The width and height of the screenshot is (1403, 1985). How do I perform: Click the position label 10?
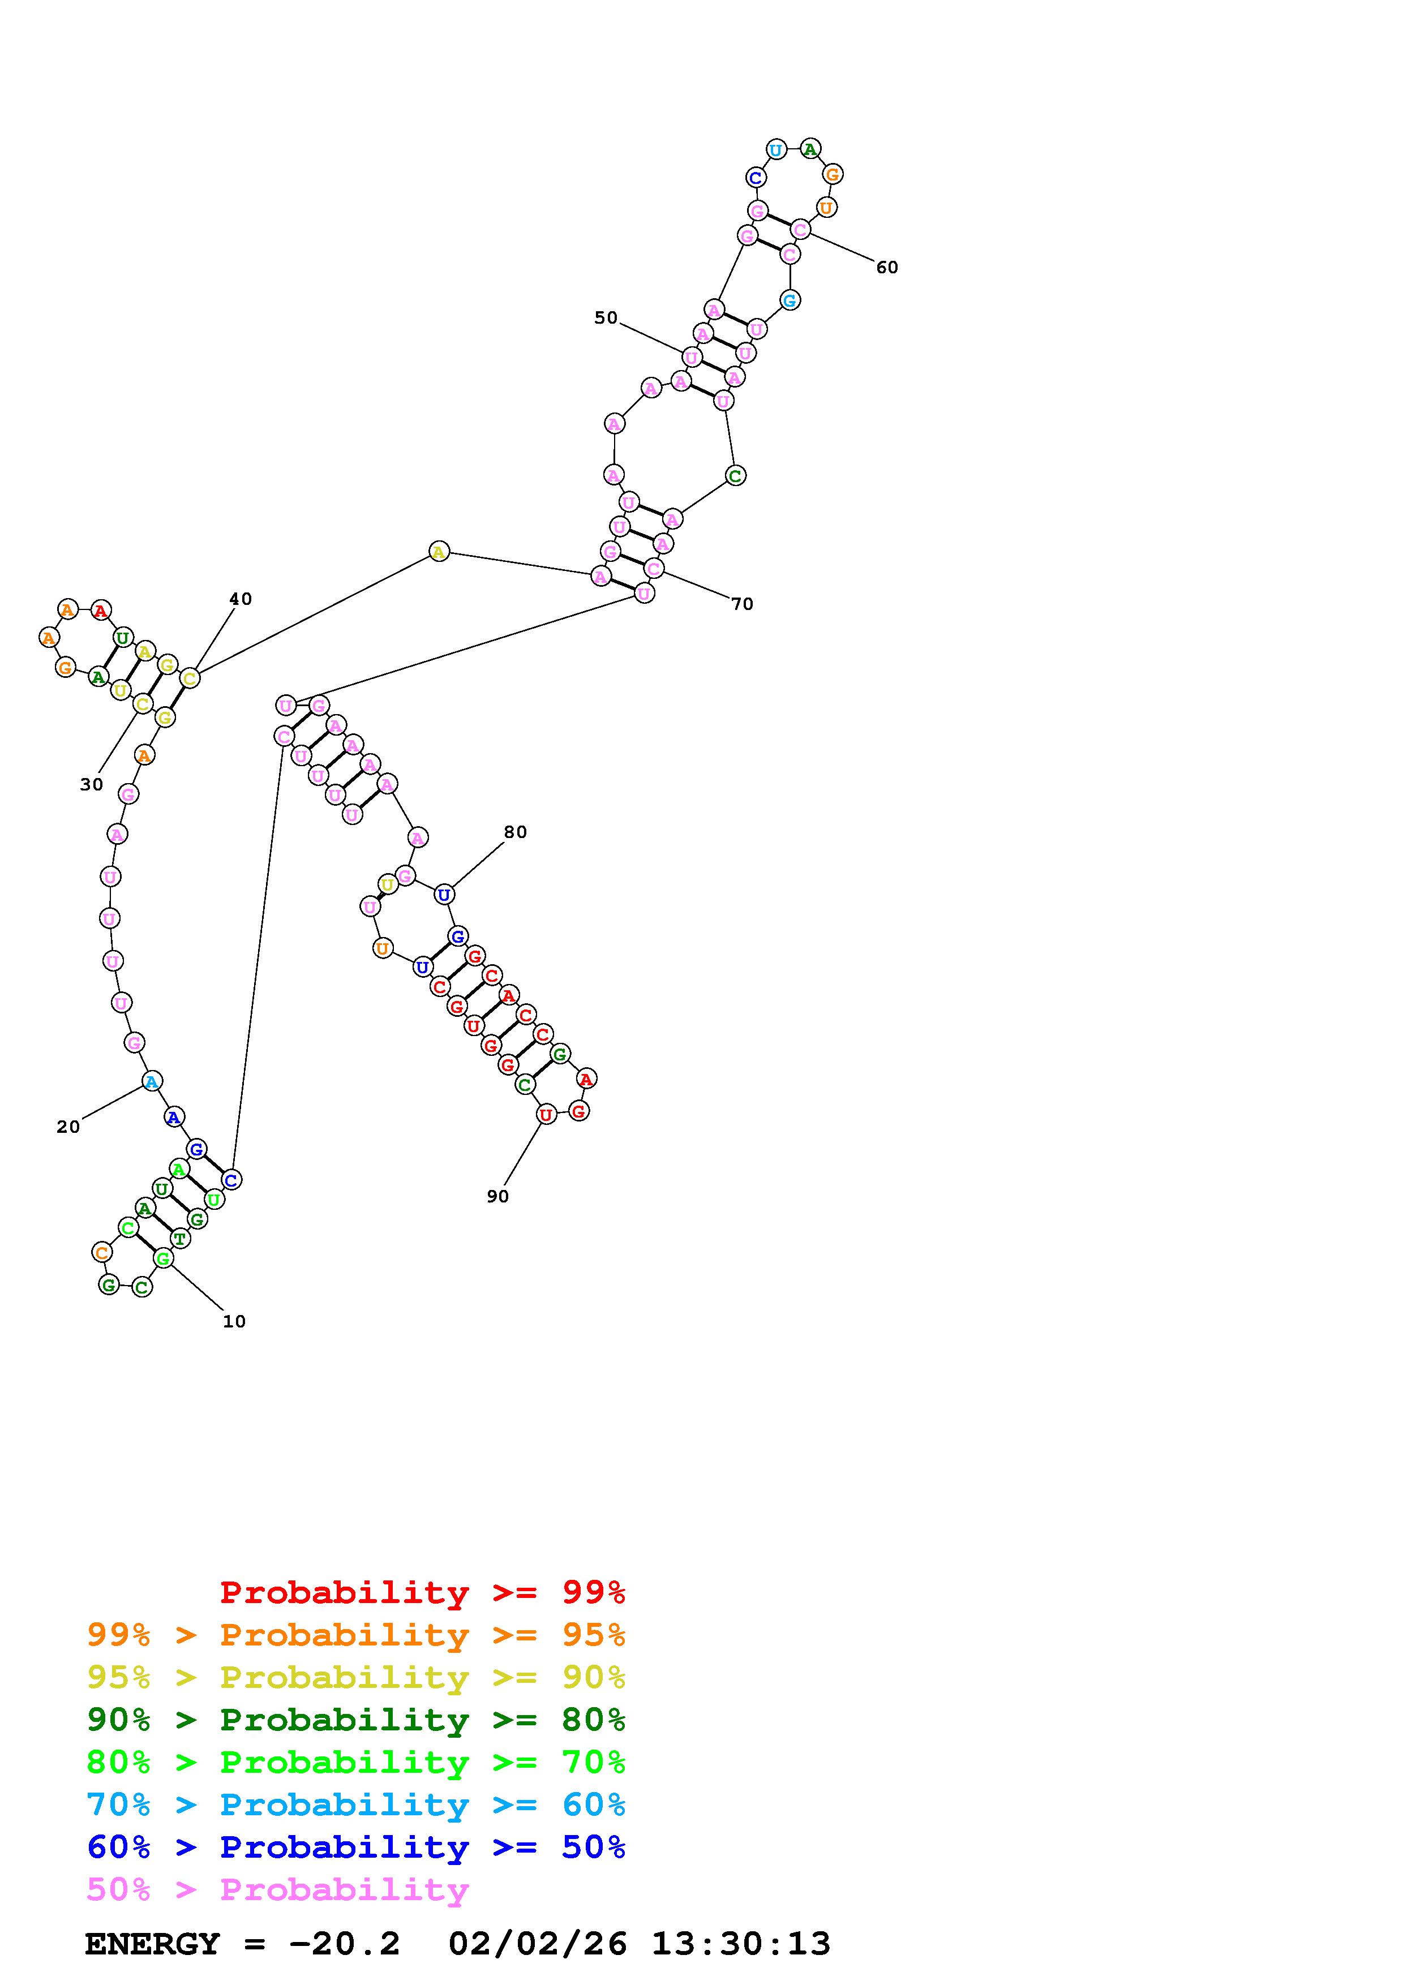click(234, 1321)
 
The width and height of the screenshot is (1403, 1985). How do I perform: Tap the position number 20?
click(68, 1127)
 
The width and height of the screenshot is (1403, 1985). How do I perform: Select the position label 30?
click(92, 784)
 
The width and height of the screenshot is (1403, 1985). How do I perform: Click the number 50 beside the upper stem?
click(606, 317)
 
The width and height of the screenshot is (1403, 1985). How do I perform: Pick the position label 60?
click(887, 267)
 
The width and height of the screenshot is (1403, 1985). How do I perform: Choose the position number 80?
click(515, 832)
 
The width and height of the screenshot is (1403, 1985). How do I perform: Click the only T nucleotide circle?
click(180, 1238)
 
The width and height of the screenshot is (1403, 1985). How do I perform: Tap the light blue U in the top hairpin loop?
click(776, 149)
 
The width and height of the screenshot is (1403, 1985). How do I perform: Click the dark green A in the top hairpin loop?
click(810, 149)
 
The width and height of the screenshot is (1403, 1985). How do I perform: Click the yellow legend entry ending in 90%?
click(355, 1677)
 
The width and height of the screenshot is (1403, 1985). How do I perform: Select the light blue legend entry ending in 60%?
click(355, 1804)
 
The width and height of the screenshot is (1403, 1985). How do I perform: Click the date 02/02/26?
click(538, 1944)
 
